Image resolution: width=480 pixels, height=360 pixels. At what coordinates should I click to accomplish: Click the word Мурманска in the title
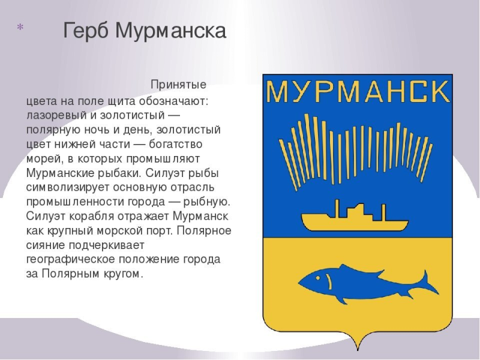tap(170, 32)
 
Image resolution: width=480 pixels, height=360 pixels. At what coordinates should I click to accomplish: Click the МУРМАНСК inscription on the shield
tap(358, 92)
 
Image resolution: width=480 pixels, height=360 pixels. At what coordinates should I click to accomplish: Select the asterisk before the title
tap(20, 28)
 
